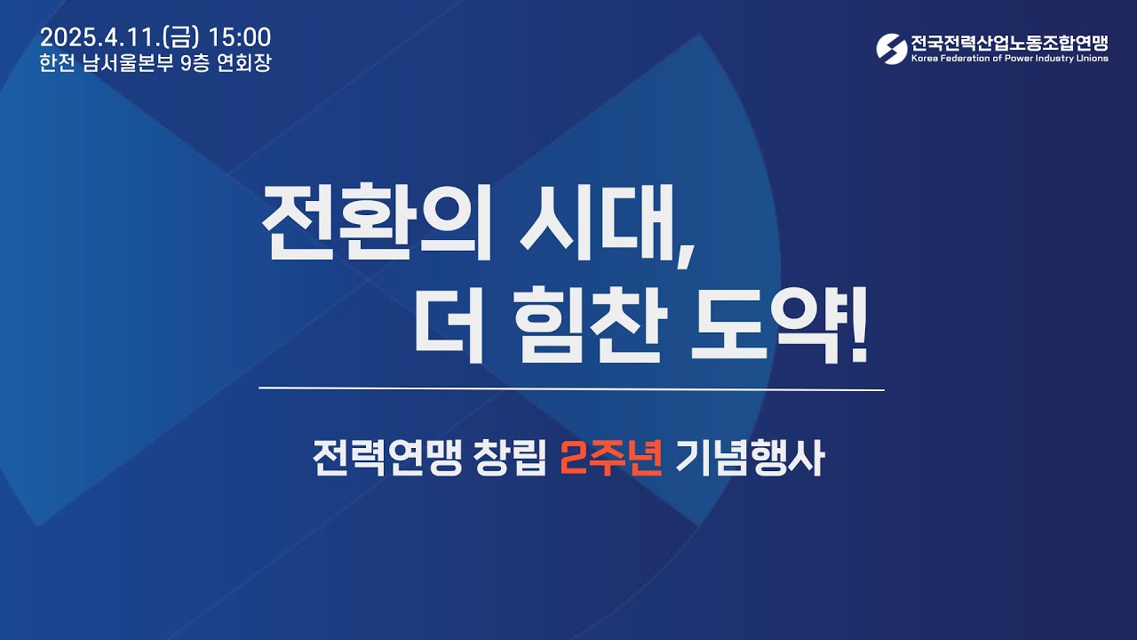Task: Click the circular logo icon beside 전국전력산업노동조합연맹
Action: (891, 49)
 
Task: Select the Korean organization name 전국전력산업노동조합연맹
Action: (1009, 43)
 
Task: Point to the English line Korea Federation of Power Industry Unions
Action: (1009, 59)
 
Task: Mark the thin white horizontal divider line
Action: (571, 389)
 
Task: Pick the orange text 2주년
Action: (611, 460)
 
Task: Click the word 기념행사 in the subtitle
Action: (749, 460)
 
